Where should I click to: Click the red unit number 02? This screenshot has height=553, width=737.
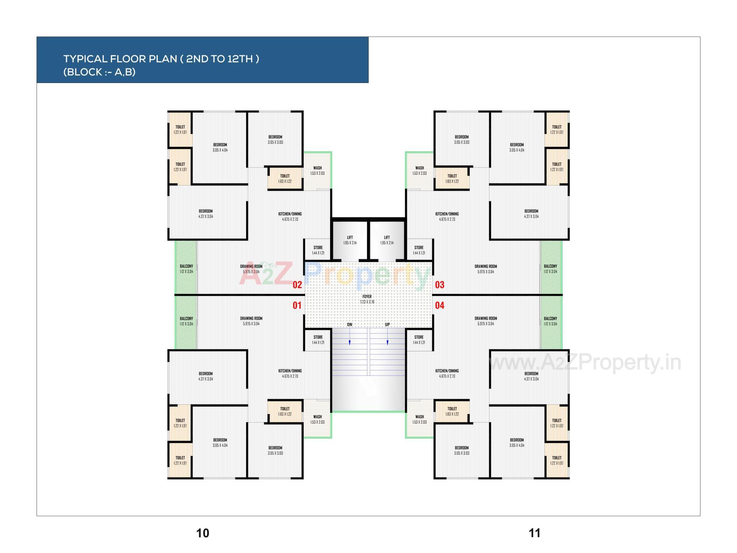point(297,285)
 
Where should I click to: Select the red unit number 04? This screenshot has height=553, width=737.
point(440,305)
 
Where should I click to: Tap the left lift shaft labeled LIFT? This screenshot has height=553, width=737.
point(350,240)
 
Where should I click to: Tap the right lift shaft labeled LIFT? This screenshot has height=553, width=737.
point(387,240)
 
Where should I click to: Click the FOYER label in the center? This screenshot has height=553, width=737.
point(367,297)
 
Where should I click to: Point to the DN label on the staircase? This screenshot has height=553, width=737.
point(350,325)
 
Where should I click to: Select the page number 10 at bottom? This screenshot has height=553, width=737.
point(203,533)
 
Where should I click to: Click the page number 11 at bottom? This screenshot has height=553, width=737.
point(534,533)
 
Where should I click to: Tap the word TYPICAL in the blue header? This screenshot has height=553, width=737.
point(85,59)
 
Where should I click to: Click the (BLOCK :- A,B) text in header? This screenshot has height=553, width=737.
point(99,72)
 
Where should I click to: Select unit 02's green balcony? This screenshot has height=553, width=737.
point(186,268)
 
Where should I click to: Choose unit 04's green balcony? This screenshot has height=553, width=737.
point(550,321)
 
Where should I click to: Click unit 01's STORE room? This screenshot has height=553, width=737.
point(318,339)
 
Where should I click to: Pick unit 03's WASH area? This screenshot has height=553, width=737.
point(420,170)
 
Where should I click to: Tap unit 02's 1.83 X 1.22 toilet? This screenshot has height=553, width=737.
point(285,179)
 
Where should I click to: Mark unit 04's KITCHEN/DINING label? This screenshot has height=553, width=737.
point(447,371)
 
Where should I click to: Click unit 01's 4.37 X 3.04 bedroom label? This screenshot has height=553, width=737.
point(206,376)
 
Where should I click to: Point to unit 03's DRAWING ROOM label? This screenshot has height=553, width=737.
point(486,267)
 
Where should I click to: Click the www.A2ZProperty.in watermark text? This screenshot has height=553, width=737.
point(585,363)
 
